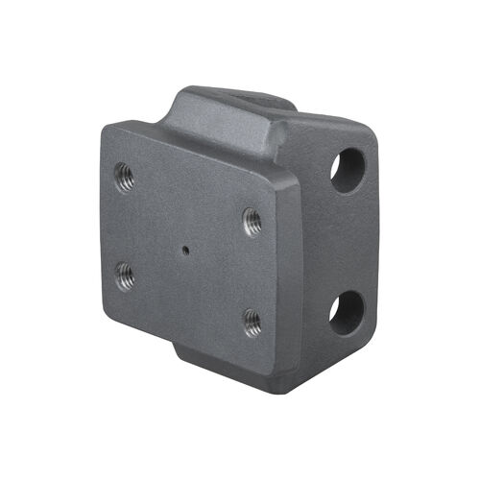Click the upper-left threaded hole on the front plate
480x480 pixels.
point(124,178)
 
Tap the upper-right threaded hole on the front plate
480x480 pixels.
point(252,220)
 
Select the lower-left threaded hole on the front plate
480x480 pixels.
point(125,277)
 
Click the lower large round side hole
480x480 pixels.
point(347,312)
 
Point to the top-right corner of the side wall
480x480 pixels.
point(370,134)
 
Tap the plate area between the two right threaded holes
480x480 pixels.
point(252,271)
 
